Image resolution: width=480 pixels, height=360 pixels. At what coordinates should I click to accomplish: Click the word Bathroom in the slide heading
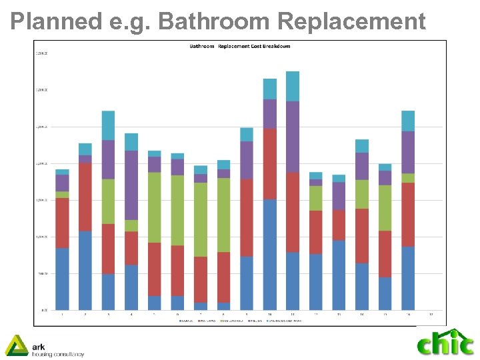click(215, 21)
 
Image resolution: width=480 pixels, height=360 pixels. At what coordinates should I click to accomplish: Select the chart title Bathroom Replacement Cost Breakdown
click(240, 47)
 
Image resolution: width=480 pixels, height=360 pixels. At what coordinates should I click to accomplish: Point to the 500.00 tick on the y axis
click(43, 273)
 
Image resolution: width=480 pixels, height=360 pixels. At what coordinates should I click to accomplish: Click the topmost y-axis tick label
click(42, 53)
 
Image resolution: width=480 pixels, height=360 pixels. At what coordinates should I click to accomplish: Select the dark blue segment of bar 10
click(270, 254)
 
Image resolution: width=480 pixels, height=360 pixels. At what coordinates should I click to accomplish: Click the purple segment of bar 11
click(293, 137)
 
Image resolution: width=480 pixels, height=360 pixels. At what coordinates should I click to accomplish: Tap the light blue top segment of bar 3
click(109, 125)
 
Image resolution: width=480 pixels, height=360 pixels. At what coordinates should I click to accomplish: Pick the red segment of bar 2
click(85, 197)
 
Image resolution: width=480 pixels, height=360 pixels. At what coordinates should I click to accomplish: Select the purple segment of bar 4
click(131, 185)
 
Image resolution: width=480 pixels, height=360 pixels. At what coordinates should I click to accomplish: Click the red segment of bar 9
click(247, 217)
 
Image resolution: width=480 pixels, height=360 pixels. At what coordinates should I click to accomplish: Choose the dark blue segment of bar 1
click(62, 279)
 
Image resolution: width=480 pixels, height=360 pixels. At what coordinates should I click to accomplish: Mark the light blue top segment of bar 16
click(408, 121)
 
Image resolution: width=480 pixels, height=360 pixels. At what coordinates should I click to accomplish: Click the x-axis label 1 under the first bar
click(62, 314)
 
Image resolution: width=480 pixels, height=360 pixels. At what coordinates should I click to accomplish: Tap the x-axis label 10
click(270, 314)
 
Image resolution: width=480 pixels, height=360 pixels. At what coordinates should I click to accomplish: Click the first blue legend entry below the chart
click(186, 321)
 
